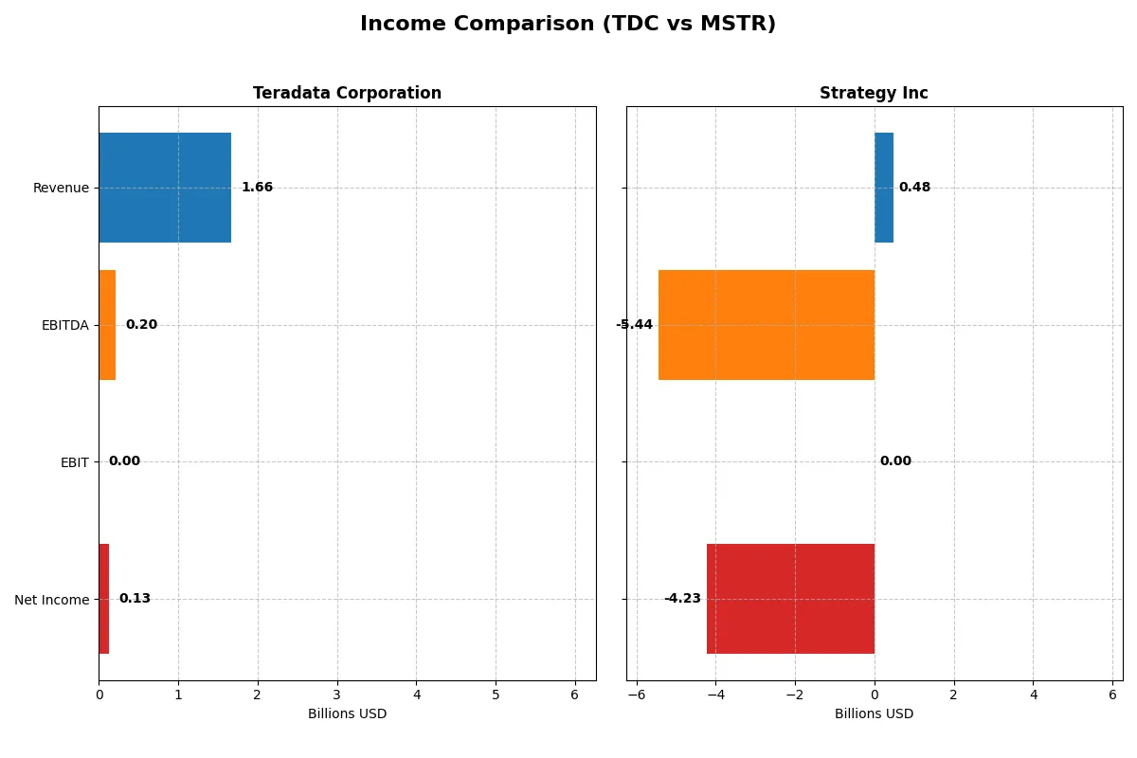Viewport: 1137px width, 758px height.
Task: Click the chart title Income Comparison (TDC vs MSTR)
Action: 568,25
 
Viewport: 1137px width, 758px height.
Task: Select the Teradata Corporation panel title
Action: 347,93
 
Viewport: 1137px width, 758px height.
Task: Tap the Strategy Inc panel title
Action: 874,93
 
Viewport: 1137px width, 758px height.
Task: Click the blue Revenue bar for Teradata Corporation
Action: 165,188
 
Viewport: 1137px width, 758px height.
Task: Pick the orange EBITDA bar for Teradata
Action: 107,325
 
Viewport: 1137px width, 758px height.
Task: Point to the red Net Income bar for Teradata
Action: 104,599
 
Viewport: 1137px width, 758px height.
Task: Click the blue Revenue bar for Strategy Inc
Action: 884,188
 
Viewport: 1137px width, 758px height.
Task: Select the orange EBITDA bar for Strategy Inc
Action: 767,325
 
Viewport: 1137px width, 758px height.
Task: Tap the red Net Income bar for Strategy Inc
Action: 790,599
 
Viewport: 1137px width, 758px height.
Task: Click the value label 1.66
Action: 257,188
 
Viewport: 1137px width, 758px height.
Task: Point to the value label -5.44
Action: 634,325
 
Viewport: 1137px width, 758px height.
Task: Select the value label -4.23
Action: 682,599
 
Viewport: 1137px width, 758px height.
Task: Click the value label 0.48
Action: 914,188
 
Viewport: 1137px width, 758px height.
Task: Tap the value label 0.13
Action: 135,599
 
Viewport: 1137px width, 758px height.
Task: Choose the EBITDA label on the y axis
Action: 65,325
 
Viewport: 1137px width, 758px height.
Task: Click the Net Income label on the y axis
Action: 52,600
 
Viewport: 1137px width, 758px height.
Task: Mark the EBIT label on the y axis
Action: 74,462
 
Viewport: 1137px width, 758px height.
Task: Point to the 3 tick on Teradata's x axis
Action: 336,695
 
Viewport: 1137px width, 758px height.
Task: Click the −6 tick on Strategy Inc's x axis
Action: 636,695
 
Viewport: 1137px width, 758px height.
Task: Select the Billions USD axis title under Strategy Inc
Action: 874,713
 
